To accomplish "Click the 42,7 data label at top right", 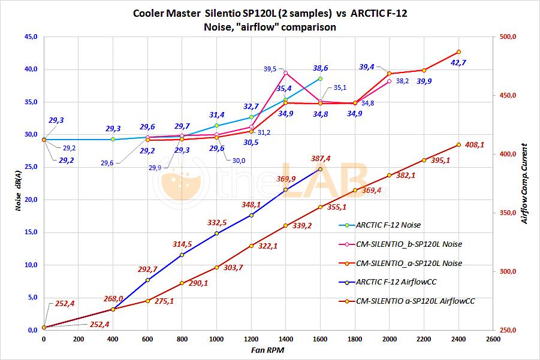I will click(x=458, y=62).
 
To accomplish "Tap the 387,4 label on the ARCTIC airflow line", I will click(x=321, y=159).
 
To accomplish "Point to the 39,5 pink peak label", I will click(x=270, y=69).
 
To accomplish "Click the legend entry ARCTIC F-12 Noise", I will click(x=388, y=225).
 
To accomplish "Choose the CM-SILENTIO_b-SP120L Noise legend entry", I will click(x=409, y=244).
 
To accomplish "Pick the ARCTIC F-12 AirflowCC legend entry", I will click(x=396, y=282).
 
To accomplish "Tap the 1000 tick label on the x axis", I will click(x=217, y=339).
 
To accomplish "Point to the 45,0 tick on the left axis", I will click(x=29, y=37).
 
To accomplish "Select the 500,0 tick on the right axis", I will click(x=507, y=37).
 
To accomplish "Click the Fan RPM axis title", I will click(x=267, y=349).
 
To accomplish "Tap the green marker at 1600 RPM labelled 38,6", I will click(x=320, y=78).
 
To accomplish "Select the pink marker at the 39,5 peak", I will click(x=285, y=73).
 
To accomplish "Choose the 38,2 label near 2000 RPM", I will click(x=402, y=81).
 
